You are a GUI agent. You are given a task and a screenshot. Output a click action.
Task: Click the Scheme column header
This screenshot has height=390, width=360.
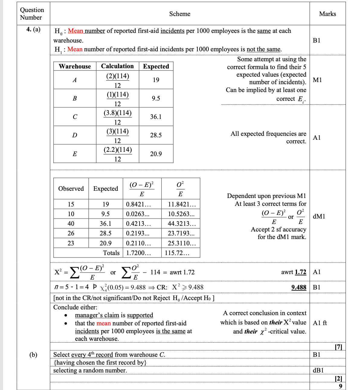(180, 14)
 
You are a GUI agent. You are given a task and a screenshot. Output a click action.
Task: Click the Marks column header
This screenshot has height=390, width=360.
(327, 14)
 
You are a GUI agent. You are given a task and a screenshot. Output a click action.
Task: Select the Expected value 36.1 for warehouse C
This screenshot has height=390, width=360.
(156, 117)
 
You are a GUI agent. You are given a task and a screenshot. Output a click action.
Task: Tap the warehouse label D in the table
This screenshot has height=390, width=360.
(75, 135)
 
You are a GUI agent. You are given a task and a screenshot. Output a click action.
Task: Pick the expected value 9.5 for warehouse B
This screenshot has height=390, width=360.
(156, 98)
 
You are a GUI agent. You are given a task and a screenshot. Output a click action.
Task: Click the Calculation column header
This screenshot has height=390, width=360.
(117, 66)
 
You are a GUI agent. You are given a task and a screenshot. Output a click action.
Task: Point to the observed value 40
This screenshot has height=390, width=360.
(71, 224)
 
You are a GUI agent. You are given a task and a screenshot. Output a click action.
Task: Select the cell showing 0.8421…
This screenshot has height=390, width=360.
(138, 204)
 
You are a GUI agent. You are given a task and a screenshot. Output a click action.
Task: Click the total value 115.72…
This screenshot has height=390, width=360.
(177, 253)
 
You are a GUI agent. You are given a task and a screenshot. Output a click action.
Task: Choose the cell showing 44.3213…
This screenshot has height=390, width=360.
(182, 224)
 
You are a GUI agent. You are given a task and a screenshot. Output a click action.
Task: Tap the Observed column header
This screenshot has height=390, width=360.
(71, 189)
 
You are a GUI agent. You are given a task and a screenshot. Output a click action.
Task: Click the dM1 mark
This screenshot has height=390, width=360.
(319, 216)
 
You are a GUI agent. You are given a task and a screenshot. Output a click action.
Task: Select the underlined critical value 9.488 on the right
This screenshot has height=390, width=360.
(299, 287)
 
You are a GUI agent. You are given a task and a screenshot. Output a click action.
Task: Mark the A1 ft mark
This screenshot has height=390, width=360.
(320, 323)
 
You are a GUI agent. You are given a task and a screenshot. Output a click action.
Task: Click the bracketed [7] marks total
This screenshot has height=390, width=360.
(338, 347)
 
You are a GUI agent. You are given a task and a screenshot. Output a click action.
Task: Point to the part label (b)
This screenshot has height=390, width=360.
(33, 355)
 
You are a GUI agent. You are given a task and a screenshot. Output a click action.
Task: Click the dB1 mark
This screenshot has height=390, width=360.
(318, 370)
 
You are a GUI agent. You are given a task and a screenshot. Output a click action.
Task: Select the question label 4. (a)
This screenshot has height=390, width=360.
(33, 30)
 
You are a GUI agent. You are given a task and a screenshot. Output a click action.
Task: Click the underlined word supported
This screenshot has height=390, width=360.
(140, 315)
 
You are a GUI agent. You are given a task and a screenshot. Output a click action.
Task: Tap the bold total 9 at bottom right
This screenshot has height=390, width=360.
(340, 386)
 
